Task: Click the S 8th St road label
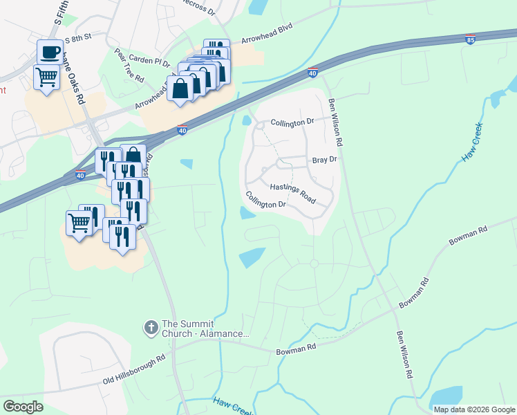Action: coord(78,41)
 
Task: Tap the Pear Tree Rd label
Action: coord(129,65)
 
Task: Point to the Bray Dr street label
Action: coord(323,160)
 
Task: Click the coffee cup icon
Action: coord(49,51)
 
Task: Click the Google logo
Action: coord(23,407)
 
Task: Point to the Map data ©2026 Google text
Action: coord(474,409)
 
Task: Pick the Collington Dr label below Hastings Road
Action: coord(266,200)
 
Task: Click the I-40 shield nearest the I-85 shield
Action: coord(312,73)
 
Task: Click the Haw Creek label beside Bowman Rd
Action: coord(473,142)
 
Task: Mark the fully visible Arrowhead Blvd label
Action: coord(267,33)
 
